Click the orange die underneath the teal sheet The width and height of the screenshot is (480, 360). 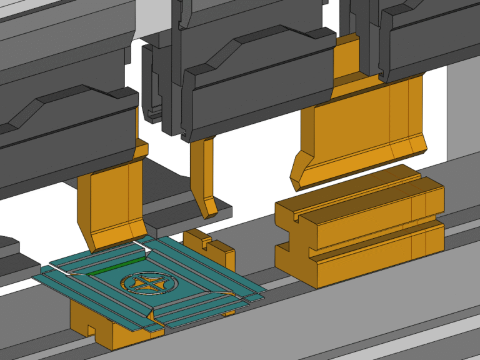(119, 325)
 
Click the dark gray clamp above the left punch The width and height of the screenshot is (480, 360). (62, 125)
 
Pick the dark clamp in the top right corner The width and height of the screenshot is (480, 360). (431, 37)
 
